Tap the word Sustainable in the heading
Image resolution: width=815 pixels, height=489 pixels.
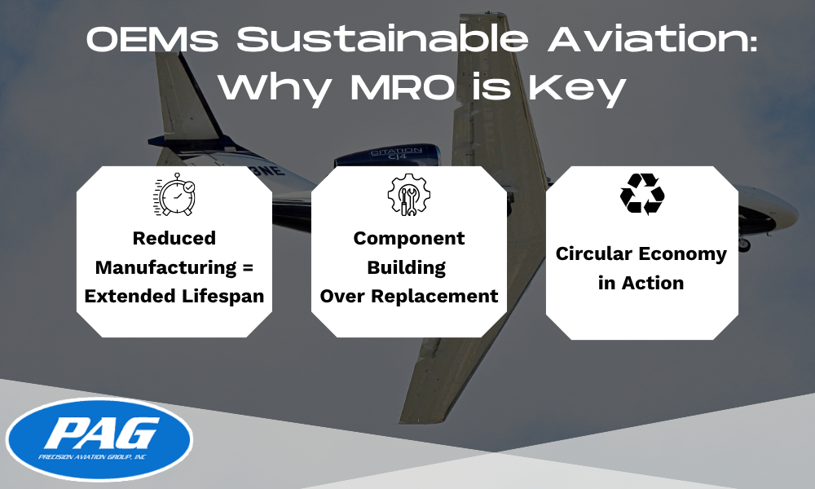click(x=382, y=39)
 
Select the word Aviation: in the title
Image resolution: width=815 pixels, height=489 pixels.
click(x=652, y=39)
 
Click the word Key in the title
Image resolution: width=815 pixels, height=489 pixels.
click(x=577, y=90)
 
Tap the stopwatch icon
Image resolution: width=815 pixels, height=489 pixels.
click(x=174, y=194)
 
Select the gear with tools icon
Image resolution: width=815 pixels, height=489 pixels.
click(x=408, y=194)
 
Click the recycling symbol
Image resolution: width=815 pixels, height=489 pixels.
click(x=642, y=194)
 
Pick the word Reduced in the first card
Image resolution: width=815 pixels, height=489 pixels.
click(x=174, y=238)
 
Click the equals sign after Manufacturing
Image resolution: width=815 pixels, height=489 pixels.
click(x=248, y=267)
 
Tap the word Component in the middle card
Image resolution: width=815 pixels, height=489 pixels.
click(x=409, y=239)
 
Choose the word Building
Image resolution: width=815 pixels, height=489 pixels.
click(x=407, y=267)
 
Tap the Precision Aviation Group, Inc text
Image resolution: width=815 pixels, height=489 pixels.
click(x=92, y=457)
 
